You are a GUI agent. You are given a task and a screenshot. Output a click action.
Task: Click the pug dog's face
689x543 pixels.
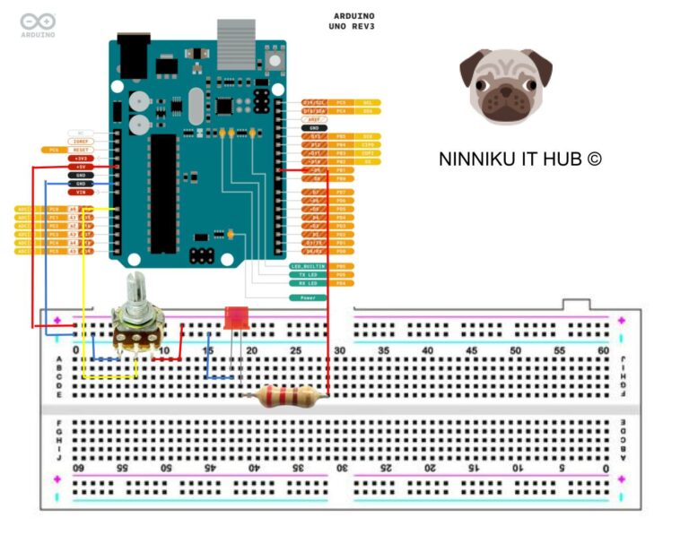506,86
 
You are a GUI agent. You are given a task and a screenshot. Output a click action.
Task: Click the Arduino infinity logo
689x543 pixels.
38,21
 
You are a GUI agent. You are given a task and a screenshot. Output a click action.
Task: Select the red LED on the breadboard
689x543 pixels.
236,319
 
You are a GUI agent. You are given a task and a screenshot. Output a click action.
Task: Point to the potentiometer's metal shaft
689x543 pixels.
136,294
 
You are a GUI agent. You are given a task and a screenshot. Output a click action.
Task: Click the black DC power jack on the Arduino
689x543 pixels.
133,56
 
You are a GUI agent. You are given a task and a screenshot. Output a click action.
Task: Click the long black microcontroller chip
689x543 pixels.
163,194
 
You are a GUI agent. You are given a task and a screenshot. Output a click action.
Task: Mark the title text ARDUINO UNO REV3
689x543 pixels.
353,21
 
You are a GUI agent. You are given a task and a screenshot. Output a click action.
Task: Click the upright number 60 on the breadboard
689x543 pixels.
603,350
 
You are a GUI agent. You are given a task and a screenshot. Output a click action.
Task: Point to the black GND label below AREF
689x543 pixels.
315,128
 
